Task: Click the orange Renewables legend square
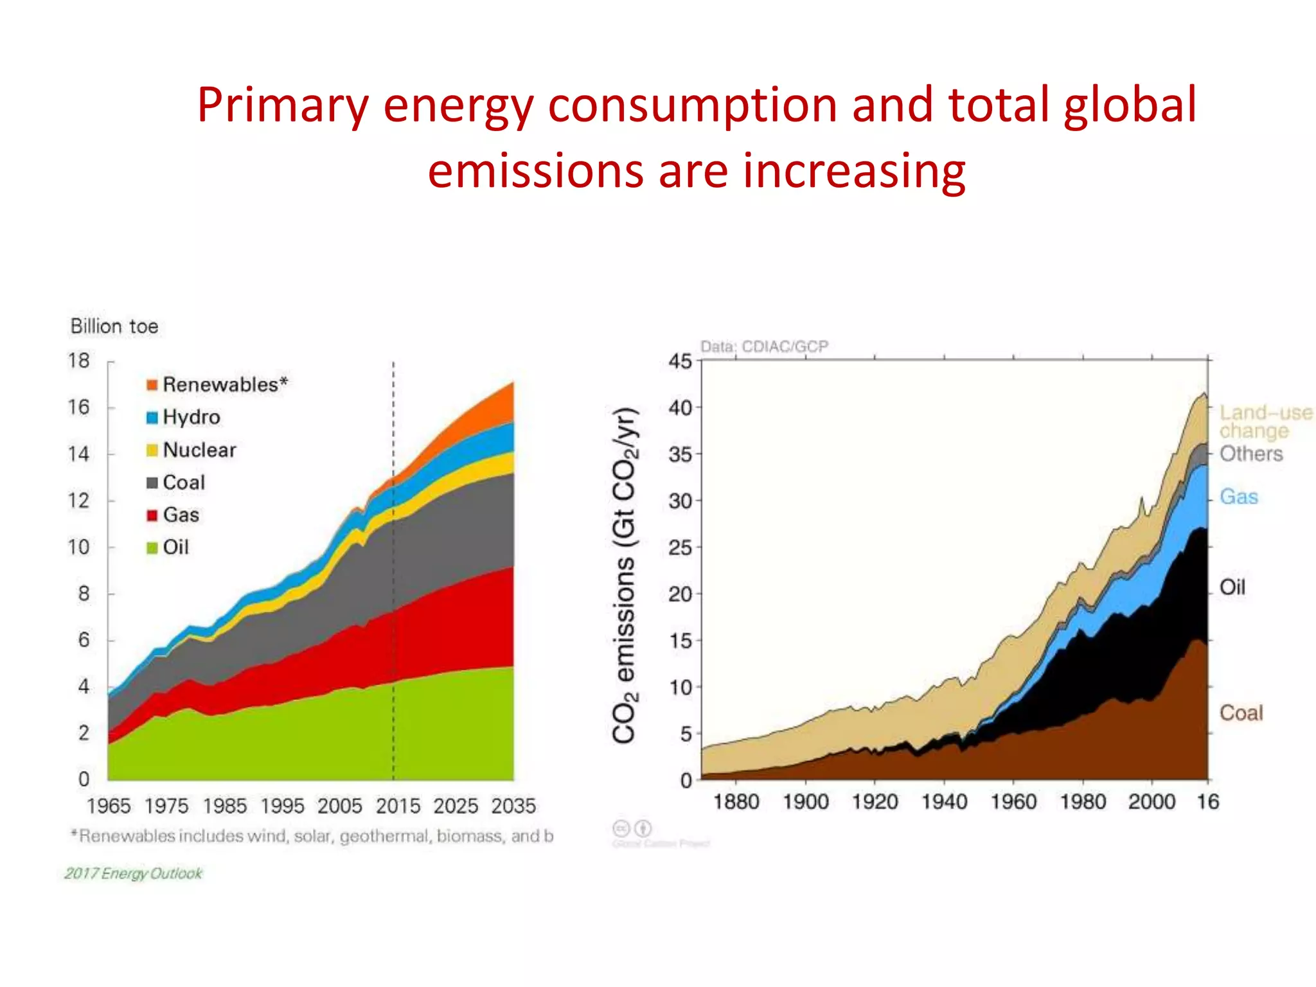click(152, 385)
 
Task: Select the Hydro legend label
click(191, 417)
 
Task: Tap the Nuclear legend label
click(199, 450)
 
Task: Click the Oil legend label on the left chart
click(175, 547)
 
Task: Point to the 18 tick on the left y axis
click(79, 360)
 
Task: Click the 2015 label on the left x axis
click(398, 806)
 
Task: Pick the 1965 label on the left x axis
click(109, 806)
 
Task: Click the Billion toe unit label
click(114, 326)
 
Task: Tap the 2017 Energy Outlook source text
click(133, 873)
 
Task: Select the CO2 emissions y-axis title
click(624, 576)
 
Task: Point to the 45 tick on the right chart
click(680, 361)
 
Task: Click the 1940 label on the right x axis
click(944, 802)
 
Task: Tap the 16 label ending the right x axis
click(1207, 802)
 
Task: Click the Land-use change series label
click(1265, 422)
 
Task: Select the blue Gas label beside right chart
click(1238, 497)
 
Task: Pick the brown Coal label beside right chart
click(1241, 713)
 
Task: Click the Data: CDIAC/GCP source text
click(764, 347)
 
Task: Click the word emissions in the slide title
click(535, 171)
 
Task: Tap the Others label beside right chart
click(1250, 454)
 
